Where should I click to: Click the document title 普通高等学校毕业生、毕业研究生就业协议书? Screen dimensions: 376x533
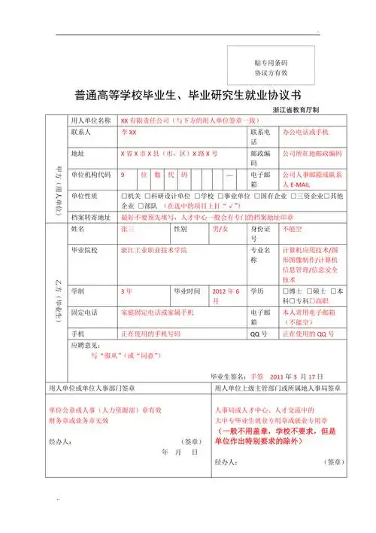(x=189, y=96)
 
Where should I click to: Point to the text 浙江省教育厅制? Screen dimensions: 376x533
(x=296, y=110)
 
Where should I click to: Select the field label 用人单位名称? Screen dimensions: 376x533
(x=90, y=120)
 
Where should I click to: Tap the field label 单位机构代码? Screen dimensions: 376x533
(x=90, y=174)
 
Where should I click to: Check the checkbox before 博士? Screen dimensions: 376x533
(x=284, y=291)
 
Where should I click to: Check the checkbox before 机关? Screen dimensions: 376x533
(x=123, y=195)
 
